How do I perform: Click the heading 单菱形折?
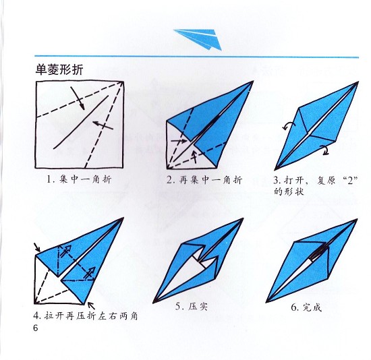tap(59, 69)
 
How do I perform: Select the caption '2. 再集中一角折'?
tap(204, 180)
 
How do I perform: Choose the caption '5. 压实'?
tap(190, 307)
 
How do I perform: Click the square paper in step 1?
tap(80, 124)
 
